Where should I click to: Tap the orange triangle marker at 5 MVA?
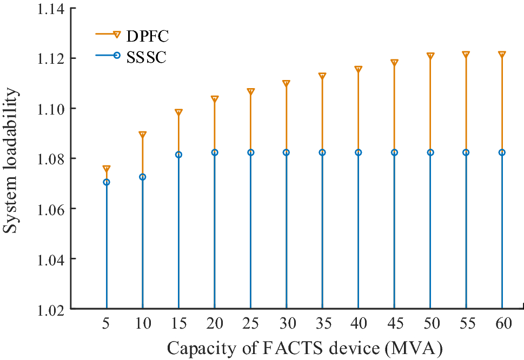click(107, 169)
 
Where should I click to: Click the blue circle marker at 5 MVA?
click(107, 182)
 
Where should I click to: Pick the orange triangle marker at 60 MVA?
click(502, 55)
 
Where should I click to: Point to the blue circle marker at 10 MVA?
click(142, 177)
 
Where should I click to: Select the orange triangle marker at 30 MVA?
click(286, 84)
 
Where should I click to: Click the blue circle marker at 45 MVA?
click(394, 152)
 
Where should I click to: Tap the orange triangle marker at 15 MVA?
click(178, 112)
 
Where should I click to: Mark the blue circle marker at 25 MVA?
click(250, 152)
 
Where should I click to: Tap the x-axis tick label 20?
click(214, 324)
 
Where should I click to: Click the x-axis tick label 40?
click(358, 324)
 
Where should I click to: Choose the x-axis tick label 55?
click(466, 324)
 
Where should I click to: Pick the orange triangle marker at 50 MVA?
click(430, 56)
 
